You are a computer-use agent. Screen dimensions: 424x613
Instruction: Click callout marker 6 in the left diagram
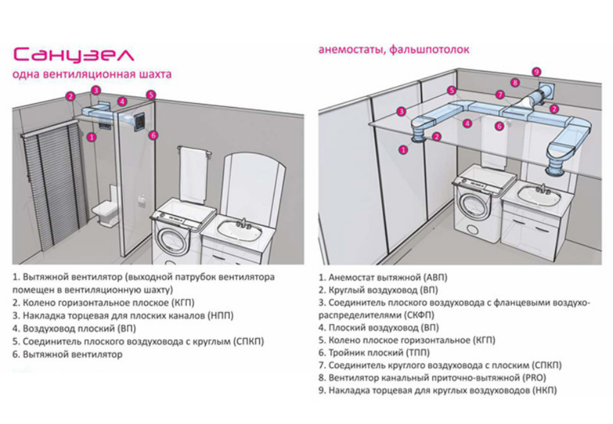pos(153,135)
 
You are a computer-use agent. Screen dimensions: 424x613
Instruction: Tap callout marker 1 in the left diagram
pos(92,136)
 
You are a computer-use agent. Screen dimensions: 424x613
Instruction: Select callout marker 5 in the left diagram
pos(150,96)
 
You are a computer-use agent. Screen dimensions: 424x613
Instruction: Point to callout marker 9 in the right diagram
pos(537,72)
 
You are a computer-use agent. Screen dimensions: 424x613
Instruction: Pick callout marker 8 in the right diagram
pos(516,82)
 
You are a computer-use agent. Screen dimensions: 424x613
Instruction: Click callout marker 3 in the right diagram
pos(401,111)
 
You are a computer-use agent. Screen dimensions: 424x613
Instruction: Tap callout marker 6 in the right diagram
pos(499,126)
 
